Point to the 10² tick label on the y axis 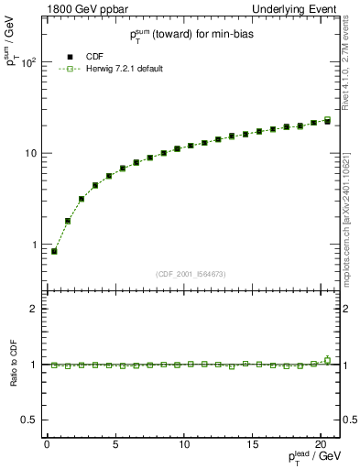tap(27, 62)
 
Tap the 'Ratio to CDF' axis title tap(13, 365)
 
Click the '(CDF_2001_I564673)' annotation tap(191, 274)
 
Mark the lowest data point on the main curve tap(54, 251)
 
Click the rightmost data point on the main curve tap(328, 120)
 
